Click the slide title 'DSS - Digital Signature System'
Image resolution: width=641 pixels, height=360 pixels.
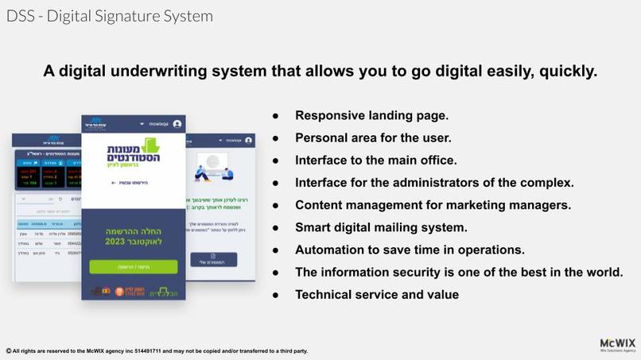(110, 16)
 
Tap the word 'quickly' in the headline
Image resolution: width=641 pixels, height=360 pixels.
(567, 72)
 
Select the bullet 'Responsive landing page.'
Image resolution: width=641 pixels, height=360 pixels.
(371, 115)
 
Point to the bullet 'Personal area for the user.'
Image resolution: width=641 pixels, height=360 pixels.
(373, 137)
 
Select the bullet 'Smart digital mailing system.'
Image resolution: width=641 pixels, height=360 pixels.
(381, 227)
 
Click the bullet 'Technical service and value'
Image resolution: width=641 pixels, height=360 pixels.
(376, 295)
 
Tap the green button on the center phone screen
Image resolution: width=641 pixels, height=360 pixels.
(134, 267)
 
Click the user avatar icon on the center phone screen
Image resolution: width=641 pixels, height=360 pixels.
(177, 124)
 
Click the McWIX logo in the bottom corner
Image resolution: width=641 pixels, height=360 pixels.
(617, 344)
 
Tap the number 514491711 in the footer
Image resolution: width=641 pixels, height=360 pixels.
(145, 350)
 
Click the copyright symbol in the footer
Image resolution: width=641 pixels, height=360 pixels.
(8, 350)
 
